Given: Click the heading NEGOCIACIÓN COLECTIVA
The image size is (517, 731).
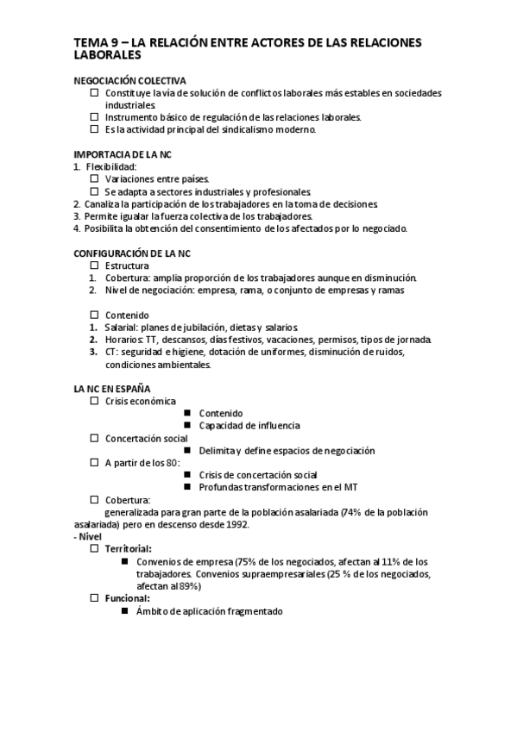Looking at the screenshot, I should pos(130,80).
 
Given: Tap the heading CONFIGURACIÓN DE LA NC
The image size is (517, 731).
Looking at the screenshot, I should pos(132,253).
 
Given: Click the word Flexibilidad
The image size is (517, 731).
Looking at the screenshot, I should pos(111,166).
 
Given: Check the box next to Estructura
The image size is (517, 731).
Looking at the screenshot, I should pos(94,266).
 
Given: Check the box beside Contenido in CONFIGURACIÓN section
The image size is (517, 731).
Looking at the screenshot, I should pos(94,316).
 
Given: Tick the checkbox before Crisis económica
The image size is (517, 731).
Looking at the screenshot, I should pos(94,402).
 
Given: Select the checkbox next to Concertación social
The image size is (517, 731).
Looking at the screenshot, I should pos(94,439).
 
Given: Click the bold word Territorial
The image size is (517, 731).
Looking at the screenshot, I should pos(129,549).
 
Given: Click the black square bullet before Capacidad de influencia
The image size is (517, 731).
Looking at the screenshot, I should pos(186,426).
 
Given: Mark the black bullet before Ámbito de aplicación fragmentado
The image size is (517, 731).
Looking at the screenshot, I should pos(125,611).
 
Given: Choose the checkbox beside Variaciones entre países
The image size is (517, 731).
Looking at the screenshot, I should pos(94,178).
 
